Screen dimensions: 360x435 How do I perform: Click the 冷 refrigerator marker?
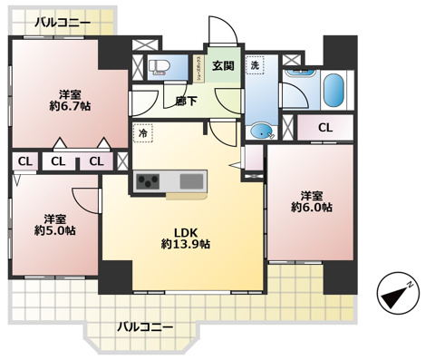click(x=143, y=132)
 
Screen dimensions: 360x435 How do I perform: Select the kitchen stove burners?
click(x=148, y=182)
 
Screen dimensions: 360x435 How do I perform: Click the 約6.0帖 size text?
click(x=311, y=208)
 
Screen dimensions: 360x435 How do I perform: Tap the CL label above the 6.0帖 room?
click(x=324, y=128)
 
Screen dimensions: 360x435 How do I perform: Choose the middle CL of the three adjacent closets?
click(x=58, y=161)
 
